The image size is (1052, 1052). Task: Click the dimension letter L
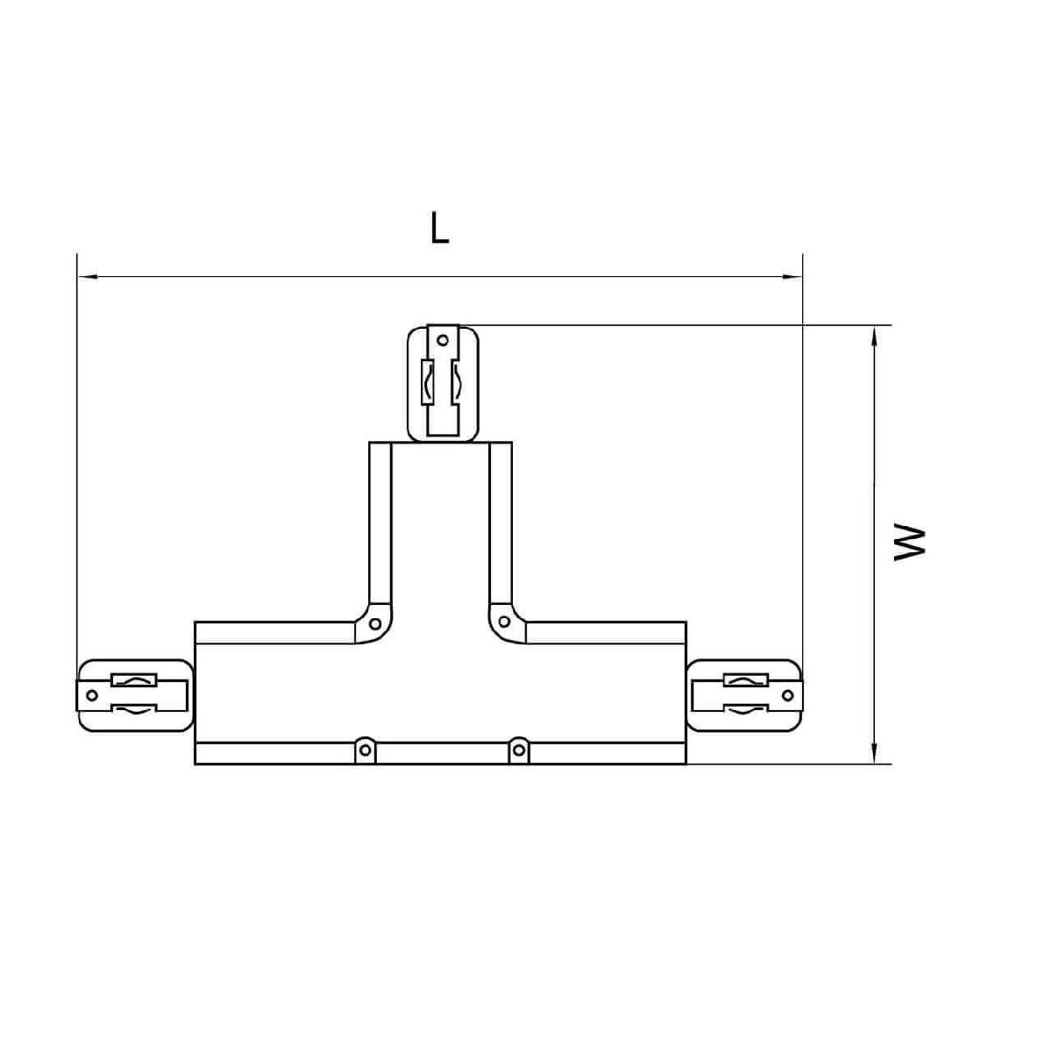[x=439, y=228]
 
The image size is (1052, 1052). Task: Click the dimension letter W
[x=910, y=543]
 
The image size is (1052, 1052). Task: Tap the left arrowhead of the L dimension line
[x=89, y=277]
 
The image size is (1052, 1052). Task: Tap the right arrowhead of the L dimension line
[x=792, y=277]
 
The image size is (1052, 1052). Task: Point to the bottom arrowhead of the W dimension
[x=875, y=752]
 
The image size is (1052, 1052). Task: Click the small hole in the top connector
[x=443, y=341]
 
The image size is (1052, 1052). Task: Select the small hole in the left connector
[x=92, y=695]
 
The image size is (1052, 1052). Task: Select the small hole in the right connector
[x=787, y=695]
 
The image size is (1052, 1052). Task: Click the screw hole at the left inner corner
[x=375, y=623]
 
